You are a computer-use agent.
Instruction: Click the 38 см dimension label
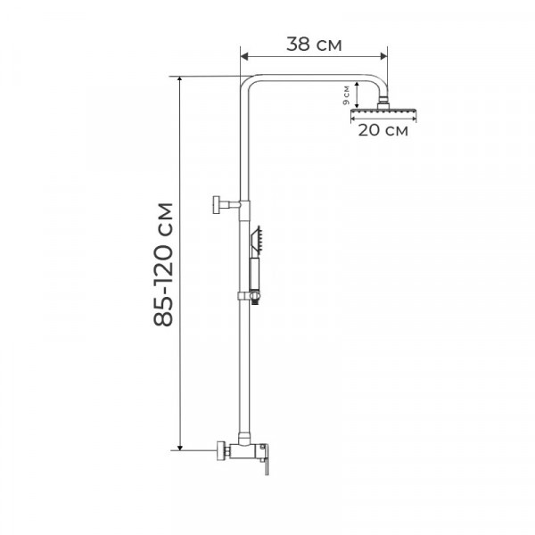point(314,42)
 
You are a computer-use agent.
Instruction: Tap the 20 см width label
point(383,131)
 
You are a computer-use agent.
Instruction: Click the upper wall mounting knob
point(216,204)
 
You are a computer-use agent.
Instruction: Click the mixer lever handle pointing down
point(266,464)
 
